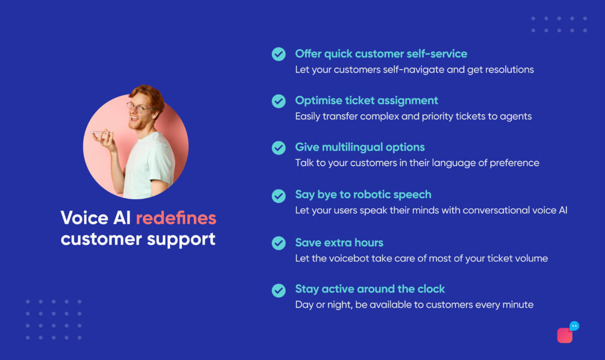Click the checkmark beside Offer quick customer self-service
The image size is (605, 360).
278,54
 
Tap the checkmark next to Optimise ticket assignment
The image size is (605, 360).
278,101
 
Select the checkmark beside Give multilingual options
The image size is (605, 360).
278,148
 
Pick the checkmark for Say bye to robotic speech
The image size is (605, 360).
278,196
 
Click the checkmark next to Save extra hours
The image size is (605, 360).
278,243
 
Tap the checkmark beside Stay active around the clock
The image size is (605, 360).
278,290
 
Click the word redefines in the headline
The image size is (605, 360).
176,218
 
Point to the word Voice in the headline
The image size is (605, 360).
80,218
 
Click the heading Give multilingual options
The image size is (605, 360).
360,147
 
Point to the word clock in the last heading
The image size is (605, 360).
430,289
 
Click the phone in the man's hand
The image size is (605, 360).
99,134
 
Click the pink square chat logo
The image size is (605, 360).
565,335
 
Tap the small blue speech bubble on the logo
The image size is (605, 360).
574,326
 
